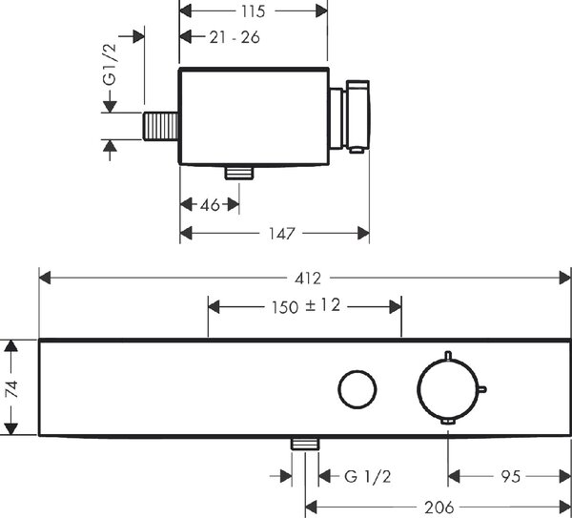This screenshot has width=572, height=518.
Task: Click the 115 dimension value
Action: pos(253,11)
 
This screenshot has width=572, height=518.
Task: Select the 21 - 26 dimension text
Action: pos(235,37)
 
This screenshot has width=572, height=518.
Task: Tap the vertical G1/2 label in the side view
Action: pos(110,64)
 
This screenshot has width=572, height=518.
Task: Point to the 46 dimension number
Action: pos(210,205)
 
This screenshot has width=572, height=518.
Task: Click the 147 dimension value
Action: pos(281,234)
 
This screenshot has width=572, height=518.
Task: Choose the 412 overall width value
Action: pos(308,279)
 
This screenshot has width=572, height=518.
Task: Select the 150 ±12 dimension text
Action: pos(306,306)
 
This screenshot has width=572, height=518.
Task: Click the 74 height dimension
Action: pos(11,388)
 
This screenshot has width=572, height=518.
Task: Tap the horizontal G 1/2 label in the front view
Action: pos(367,477)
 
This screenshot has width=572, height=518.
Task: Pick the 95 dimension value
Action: pos(510,477)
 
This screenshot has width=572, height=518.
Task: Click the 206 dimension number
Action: pos(439,508)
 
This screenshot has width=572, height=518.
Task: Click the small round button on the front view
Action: pos(357,389)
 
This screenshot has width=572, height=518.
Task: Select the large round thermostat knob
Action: pos(448,389)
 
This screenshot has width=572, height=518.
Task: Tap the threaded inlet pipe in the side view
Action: pos(160,126)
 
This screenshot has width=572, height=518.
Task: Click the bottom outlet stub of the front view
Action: pos(305,444)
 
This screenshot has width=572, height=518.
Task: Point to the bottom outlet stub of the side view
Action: pos(239,173)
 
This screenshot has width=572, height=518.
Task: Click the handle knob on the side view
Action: pos(357,116)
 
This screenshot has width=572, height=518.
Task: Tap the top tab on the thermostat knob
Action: pos(448,355)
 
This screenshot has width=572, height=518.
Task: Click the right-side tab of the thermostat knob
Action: pos(482,389)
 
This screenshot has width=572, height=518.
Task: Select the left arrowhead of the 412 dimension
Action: pos(45,279)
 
